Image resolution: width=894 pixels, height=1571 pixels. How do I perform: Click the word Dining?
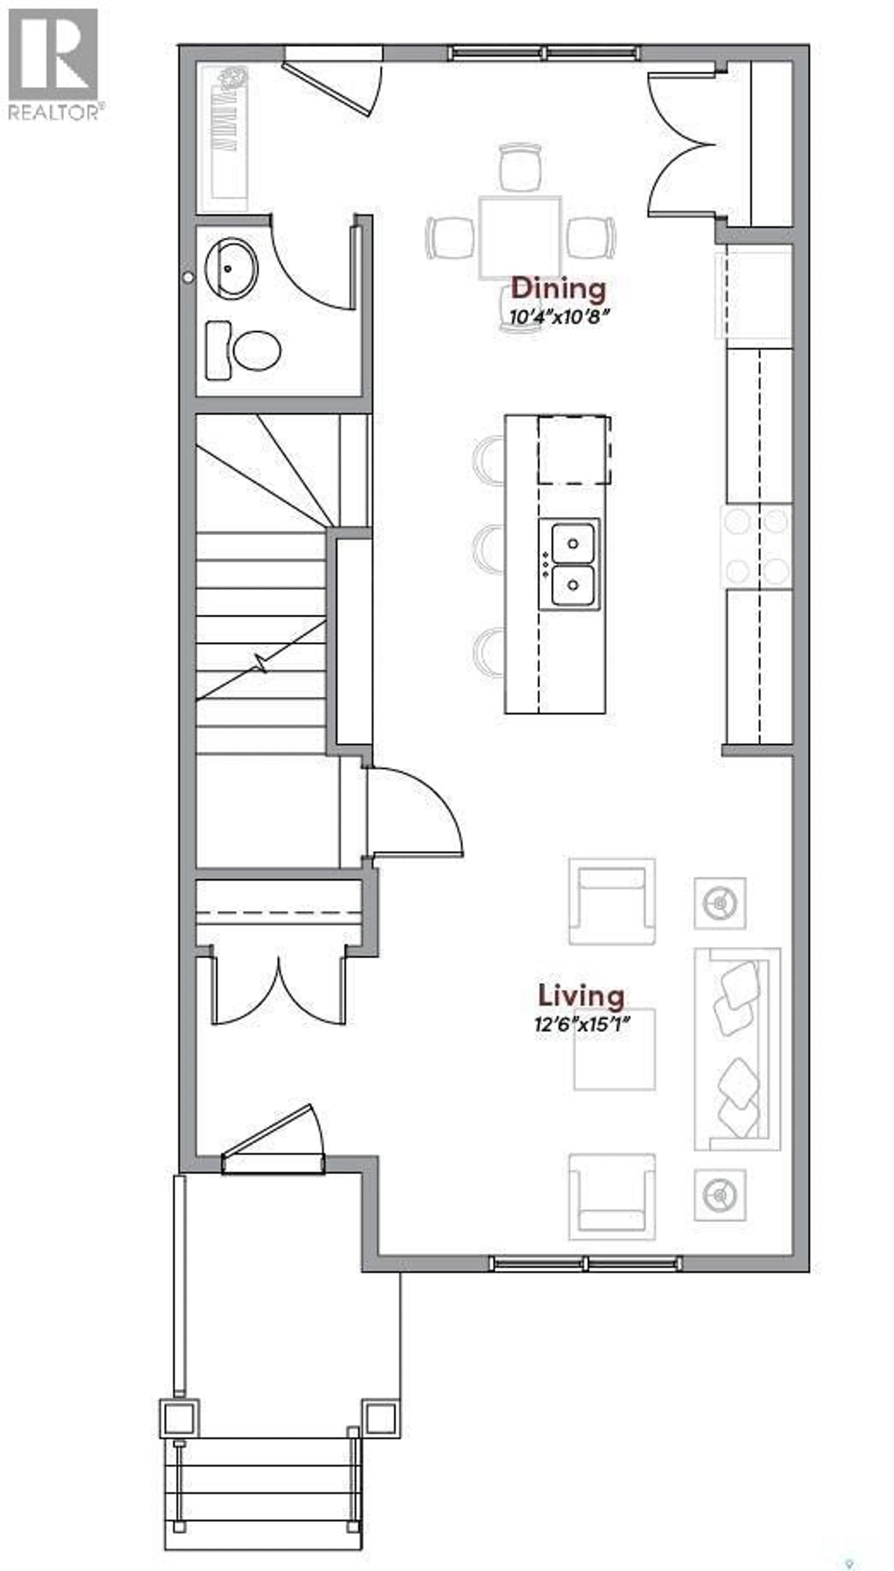[x=558, y=289]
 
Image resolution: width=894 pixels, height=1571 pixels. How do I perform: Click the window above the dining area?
[x=543, y=53]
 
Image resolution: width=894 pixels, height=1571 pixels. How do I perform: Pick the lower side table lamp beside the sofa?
[x=720, y=1194]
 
